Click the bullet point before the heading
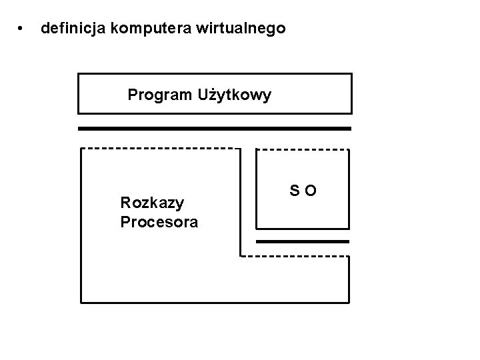pyautogui.click(x=22, y=29)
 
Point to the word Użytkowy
pyautogui.click(x=234, y=95)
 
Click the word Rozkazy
pyautogui.click(x=152, y=202)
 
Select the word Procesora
pyautogui.click(x=159, y=222)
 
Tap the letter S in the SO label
pyautogui.click(x=295, y=192)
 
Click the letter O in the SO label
pyautogui.click(x=311, y=192)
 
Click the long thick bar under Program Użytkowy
pyautogui.click(x=215, y=128)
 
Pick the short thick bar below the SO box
pyautogui.click(x=303, y=241)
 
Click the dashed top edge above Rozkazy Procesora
pyautogui.click(x=160, y=148)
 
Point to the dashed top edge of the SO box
pyautogui.click(x=303, y=149)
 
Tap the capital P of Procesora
pyautogui.click(x=125, y=222)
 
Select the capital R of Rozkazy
pyautogui.click(x=125, y=202)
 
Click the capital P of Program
pyautogui.click(x=132, y=95)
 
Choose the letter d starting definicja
pyautogui.click(x=45, y=29)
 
